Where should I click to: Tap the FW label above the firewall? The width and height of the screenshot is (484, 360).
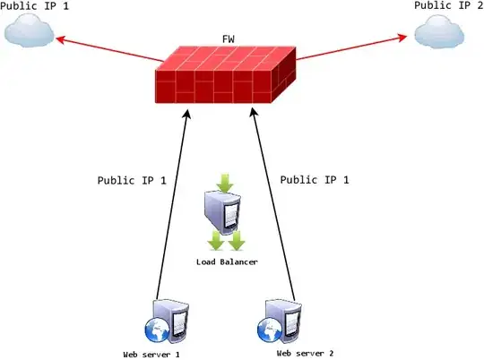click(229, 41)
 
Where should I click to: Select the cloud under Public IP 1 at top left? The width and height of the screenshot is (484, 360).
click(28, 33)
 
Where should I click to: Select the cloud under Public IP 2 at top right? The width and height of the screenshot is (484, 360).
click(440, 34)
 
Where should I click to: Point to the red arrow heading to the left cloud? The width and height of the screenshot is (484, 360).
click(108, 51)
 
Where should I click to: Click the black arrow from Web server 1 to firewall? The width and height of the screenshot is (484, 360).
click(173, 206)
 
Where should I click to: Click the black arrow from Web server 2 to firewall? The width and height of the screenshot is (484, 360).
click(273, 206)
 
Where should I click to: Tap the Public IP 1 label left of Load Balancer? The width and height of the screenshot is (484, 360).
click(132, 180)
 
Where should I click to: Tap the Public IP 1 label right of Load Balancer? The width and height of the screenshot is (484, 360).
click(315, 180)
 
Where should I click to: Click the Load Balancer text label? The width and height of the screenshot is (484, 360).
click(227, 261)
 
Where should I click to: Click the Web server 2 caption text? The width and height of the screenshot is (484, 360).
click(305, 354)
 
